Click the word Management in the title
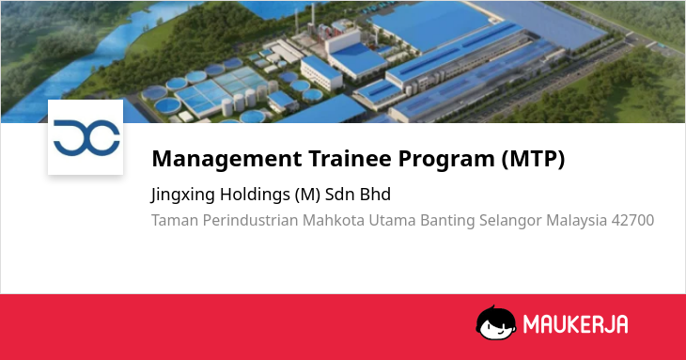tap(226, 159)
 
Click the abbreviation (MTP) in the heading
tap(534, 159)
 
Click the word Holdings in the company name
tap(255, 195)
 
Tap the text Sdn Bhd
tap(357, 195)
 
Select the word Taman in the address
tap(175, 220)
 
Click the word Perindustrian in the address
tap(250, 220)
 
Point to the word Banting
tap(447, 221)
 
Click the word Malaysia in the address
tap(576, 221)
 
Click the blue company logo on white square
tap(86, 137)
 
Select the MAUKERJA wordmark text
tap(575, 324)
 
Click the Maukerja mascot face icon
tap(496, 322)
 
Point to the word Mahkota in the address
tap(334, 220)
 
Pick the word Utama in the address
tap(393, 220)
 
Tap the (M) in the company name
tap(307, 195)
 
